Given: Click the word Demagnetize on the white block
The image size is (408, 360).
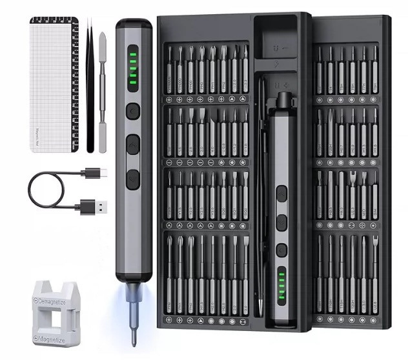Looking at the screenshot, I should tap(57, 300).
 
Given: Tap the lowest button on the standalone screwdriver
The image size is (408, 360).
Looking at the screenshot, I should tap(133, 179).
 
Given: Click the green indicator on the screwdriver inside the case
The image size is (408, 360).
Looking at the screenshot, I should tap(281, 284).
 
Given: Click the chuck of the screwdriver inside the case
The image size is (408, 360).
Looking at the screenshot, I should tap(282, 100).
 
